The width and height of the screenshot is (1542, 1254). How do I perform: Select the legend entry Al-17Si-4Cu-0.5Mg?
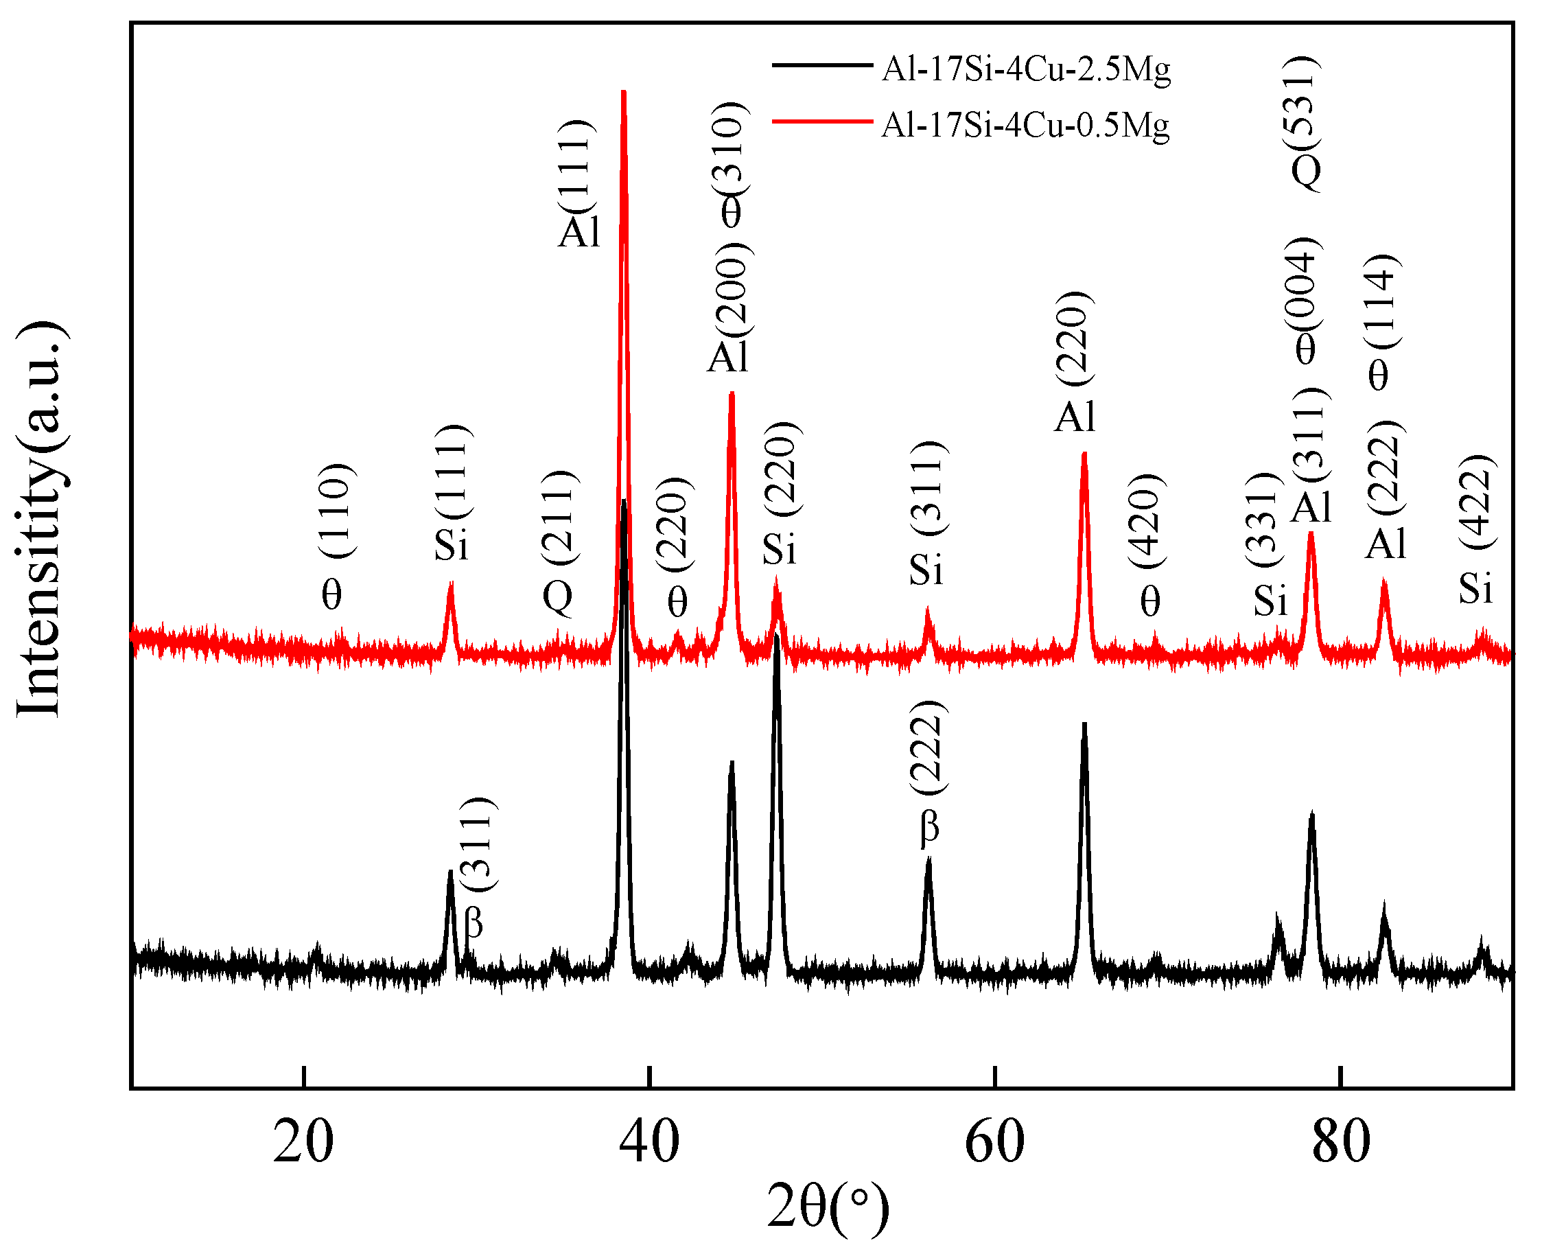pyautogui.click(x=1025, y=126)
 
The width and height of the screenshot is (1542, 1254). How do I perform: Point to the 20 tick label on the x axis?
pyautogui.click(x=303, y=1141)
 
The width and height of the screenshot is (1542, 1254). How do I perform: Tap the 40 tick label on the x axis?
pyautogui.click(x=649, y=1141)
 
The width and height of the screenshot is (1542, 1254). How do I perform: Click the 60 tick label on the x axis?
pyautogui.click(x=994, y=1141)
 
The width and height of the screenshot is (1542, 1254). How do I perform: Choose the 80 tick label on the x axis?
pyautogui.click(x=1340, y=1141)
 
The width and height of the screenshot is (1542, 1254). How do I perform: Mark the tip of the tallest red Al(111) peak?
pyautogui.click(x=623, y=92)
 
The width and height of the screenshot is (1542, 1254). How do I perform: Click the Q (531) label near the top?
pyautogui.click(x=1306, y=123)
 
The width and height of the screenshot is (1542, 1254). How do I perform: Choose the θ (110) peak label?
pyautogui.click(x=336, y=538)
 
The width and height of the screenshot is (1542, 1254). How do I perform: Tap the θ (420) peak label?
pyautogui.click(x=1148, y=546)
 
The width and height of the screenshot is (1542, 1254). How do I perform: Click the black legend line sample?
pyautogui.click(x=822, y=66)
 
